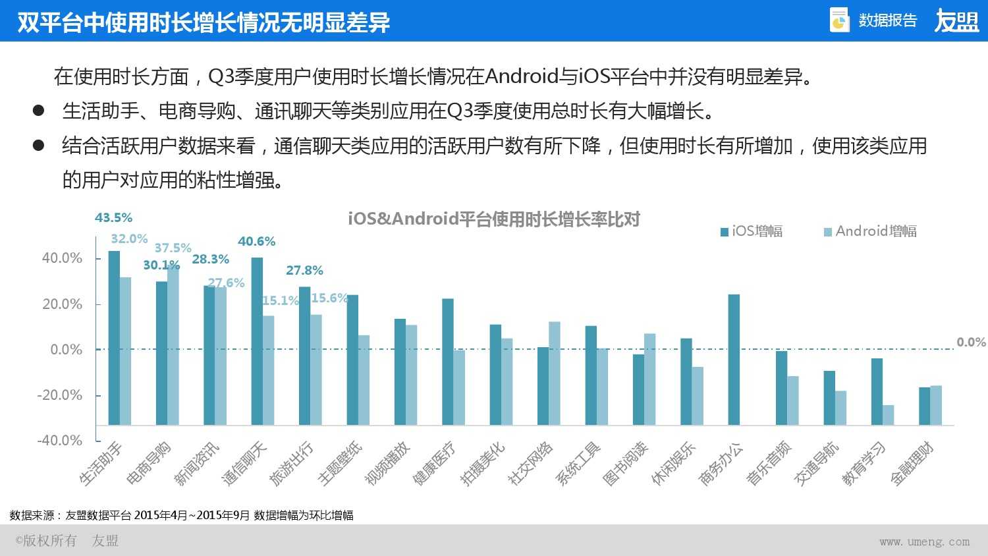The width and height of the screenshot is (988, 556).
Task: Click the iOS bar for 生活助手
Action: tap(114, 337)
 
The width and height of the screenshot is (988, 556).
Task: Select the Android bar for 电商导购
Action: tap(173, 345)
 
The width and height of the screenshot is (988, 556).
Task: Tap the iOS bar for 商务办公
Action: tap(734, 359)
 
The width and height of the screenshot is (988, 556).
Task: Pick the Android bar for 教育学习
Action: tap(889, 415)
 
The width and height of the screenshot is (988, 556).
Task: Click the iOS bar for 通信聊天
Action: tap(257, 341)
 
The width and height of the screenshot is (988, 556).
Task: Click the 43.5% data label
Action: tap(113, 217)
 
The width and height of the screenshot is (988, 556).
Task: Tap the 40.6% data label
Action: tap(256, 241)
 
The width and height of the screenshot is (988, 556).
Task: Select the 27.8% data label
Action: tap(304, 270)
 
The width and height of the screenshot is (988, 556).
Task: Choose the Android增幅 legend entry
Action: tap(870, 231)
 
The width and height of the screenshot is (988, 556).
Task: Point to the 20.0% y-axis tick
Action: tap(62, 304)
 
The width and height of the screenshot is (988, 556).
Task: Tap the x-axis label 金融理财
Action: tap(913, 464)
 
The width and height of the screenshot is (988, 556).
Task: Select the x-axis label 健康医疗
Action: tap(435, 464)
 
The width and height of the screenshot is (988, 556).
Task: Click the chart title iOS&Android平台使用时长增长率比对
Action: tap(494, 219)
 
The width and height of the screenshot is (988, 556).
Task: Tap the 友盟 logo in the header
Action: tap(956, 21)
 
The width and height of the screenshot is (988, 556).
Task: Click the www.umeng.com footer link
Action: tap(924, 542)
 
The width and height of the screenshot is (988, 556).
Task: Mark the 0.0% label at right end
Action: tap(971, 342)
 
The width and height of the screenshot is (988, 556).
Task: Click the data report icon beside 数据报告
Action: tap(839, 20)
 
